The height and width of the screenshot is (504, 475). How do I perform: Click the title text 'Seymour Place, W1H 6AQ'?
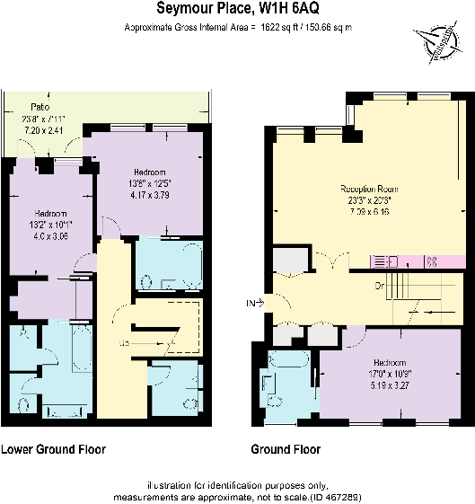point(237,10)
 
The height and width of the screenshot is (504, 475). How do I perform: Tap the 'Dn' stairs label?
point(380,287)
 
